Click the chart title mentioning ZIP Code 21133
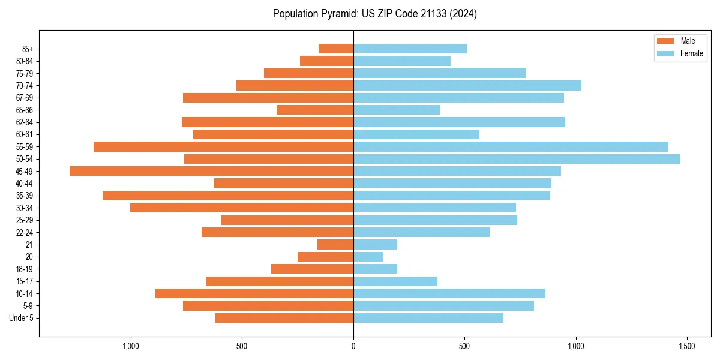coord(375,14)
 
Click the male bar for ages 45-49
coord(211,171)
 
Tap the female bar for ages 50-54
coord(517,159)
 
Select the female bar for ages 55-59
coord(511,146)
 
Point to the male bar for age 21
coord(335,244)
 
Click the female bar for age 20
coord(368,257)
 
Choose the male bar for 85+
coord(336,49)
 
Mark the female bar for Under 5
coord(428,318)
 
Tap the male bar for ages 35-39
coord(228,196)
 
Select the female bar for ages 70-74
coord(467,85)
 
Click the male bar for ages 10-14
coord(254,293)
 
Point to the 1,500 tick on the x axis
coord(687,346)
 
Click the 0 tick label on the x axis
coord(353,346)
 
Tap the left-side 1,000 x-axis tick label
coord(131,346)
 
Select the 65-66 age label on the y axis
coord(25,110)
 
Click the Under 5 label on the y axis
coord(22,318)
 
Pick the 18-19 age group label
coord(25,269)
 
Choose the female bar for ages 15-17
coord(395,281)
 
